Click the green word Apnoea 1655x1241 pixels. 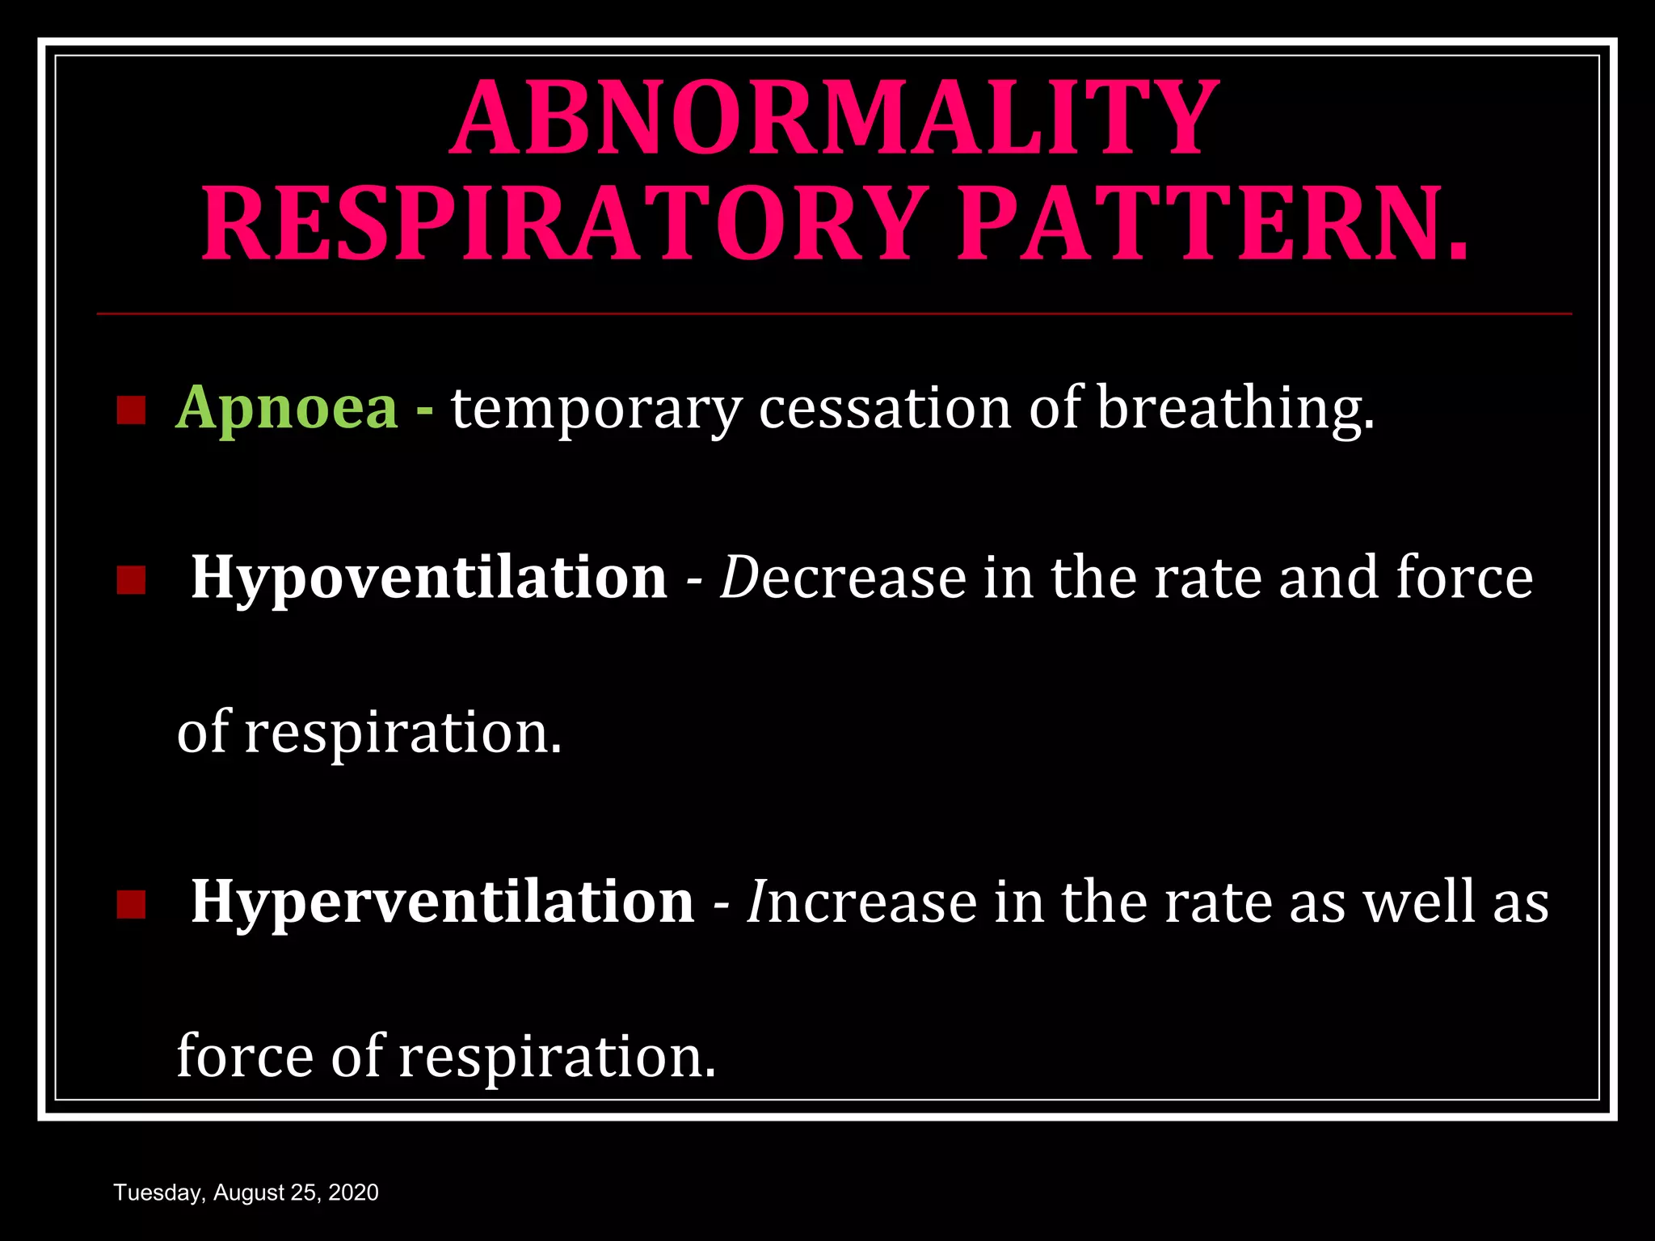click(287, 409)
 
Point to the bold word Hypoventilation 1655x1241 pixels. click(429, 578)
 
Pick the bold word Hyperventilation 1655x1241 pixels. click(442, 902)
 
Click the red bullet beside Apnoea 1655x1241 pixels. click(130, 410)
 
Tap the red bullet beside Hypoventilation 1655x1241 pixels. click(130, 580)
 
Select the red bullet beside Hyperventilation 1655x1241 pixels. click(130, 905)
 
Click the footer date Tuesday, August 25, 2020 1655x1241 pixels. click(246, 1193)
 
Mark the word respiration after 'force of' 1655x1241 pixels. click(558, 1057)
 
